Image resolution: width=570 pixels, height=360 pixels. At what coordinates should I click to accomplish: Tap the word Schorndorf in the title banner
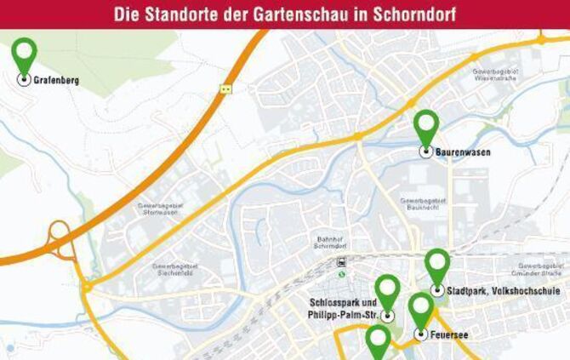pyautogui.click(x=412, y=15)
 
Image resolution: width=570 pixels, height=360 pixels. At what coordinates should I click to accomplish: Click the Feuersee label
pyautogui.click(x=451, y=334)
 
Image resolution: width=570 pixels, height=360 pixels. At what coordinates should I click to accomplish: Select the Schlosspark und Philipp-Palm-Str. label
pyautogui.click(x=342, y=309)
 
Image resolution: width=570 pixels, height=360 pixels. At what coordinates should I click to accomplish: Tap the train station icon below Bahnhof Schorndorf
pyautogui.click(x=341, y=262)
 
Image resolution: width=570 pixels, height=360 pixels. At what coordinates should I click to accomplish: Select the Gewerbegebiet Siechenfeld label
pyautogui.click(x=175, y=271)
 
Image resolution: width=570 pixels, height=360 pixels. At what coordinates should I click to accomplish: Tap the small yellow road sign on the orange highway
pyautogui.click(x=225, y=88)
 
